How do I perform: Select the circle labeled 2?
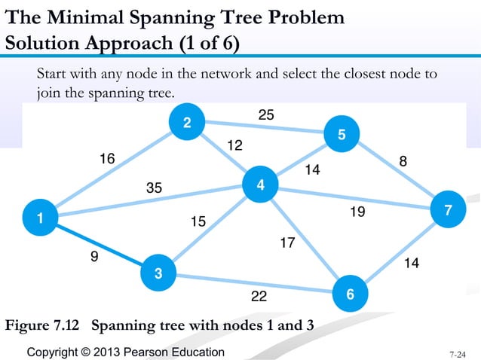click(186, 124)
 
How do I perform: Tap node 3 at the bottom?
click(158, 273)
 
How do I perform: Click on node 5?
click(342, 136)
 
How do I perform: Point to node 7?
click(449, 212)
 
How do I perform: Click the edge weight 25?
click(266, 114)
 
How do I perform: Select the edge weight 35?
click(154, 188)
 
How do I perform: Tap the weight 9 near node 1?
click(94, 257)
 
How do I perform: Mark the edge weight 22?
click(259, 297)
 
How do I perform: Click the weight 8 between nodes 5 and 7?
click(403, 161)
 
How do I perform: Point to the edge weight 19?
click(357, 213)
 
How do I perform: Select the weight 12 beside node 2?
click(234, 145)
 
